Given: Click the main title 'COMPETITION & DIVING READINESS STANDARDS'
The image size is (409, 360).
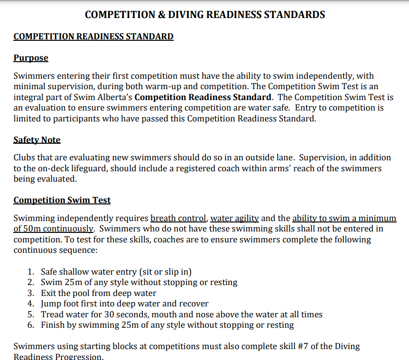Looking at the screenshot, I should click(204, 15).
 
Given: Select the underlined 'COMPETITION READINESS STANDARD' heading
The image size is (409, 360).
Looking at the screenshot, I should click(93, 37).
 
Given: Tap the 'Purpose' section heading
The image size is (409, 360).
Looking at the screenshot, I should click(31, 58).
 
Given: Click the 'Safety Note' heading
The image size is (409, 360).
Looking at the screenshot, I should click(37, 140).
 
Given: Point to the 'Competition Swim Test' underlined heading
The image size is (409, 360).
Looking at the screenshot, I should click(62, 200).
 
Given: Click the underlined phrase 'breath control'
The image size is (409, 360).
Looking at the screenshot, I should click(178, 219).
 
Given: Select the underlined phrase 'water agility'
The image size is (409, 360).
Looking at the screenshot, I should click(234, 219).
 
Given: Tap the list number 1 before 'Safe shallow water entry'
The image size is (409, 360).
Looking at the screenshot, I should click(30, 272).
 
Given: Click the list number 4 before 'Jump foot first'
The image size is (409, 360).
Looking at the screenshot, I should click(30, 304).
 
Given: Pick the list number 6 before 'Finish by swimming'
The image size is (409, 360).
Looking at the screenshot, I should click(30, 325).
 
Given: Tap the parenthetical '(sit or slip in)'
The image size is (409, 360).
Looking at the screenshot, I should click(165, 272).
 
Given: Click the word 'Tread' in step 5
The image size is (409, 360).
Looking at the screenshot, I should click(52, 314).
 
